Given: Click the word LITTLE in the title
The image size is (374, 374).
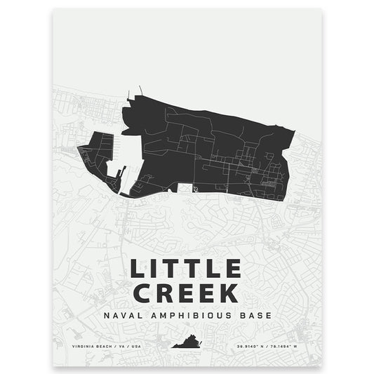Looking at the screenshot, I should [185, 269].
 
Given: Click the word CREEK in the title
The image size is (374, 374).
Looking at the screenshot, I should [185, 292].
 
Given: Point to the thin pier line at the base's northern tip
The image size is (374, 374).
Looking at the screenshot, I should [141, 91].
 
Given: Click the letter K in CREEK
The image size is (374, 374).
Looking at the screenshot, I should [232, 292].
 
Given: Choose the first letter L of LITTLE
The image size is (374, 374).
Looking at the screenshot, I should [137, 269].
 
